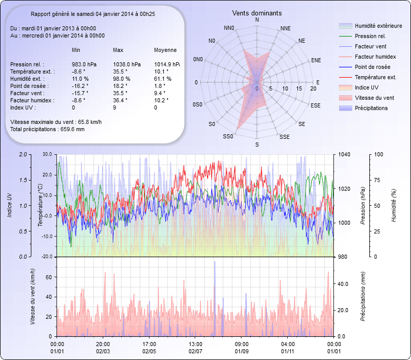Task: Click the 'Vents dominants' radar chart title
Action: click(x=257, y=13)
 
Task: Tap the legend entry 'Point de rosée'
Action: click(x=372, y=67)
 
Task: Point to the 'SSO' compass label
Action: click(x=228, y=137)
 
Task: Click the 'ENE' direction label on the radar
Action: click(x=316, y=60)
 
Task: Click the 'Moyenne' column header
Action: click(x=165, y=50)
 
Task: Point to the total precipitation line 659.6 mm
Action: click(x=47, y=129)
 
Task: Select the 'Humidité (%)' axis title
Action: click(x=394, y=206)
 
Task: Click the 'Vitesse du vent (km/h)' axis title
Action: click(x=32, y=297)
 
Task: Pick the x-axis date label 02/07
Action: click(x=195, y=351)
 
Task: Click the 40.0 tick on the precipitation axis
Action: click(x=342, y=283)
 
